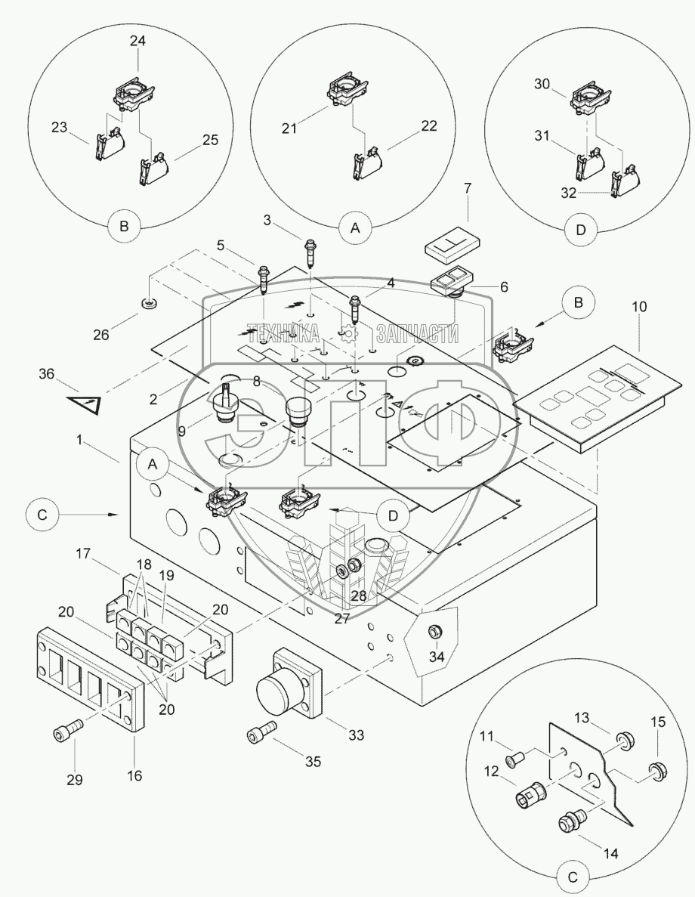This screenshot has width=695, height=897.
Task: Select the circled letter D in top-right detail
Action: (579, 231)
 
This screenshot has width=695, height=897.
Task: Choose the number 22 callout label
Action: (428, 127)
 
